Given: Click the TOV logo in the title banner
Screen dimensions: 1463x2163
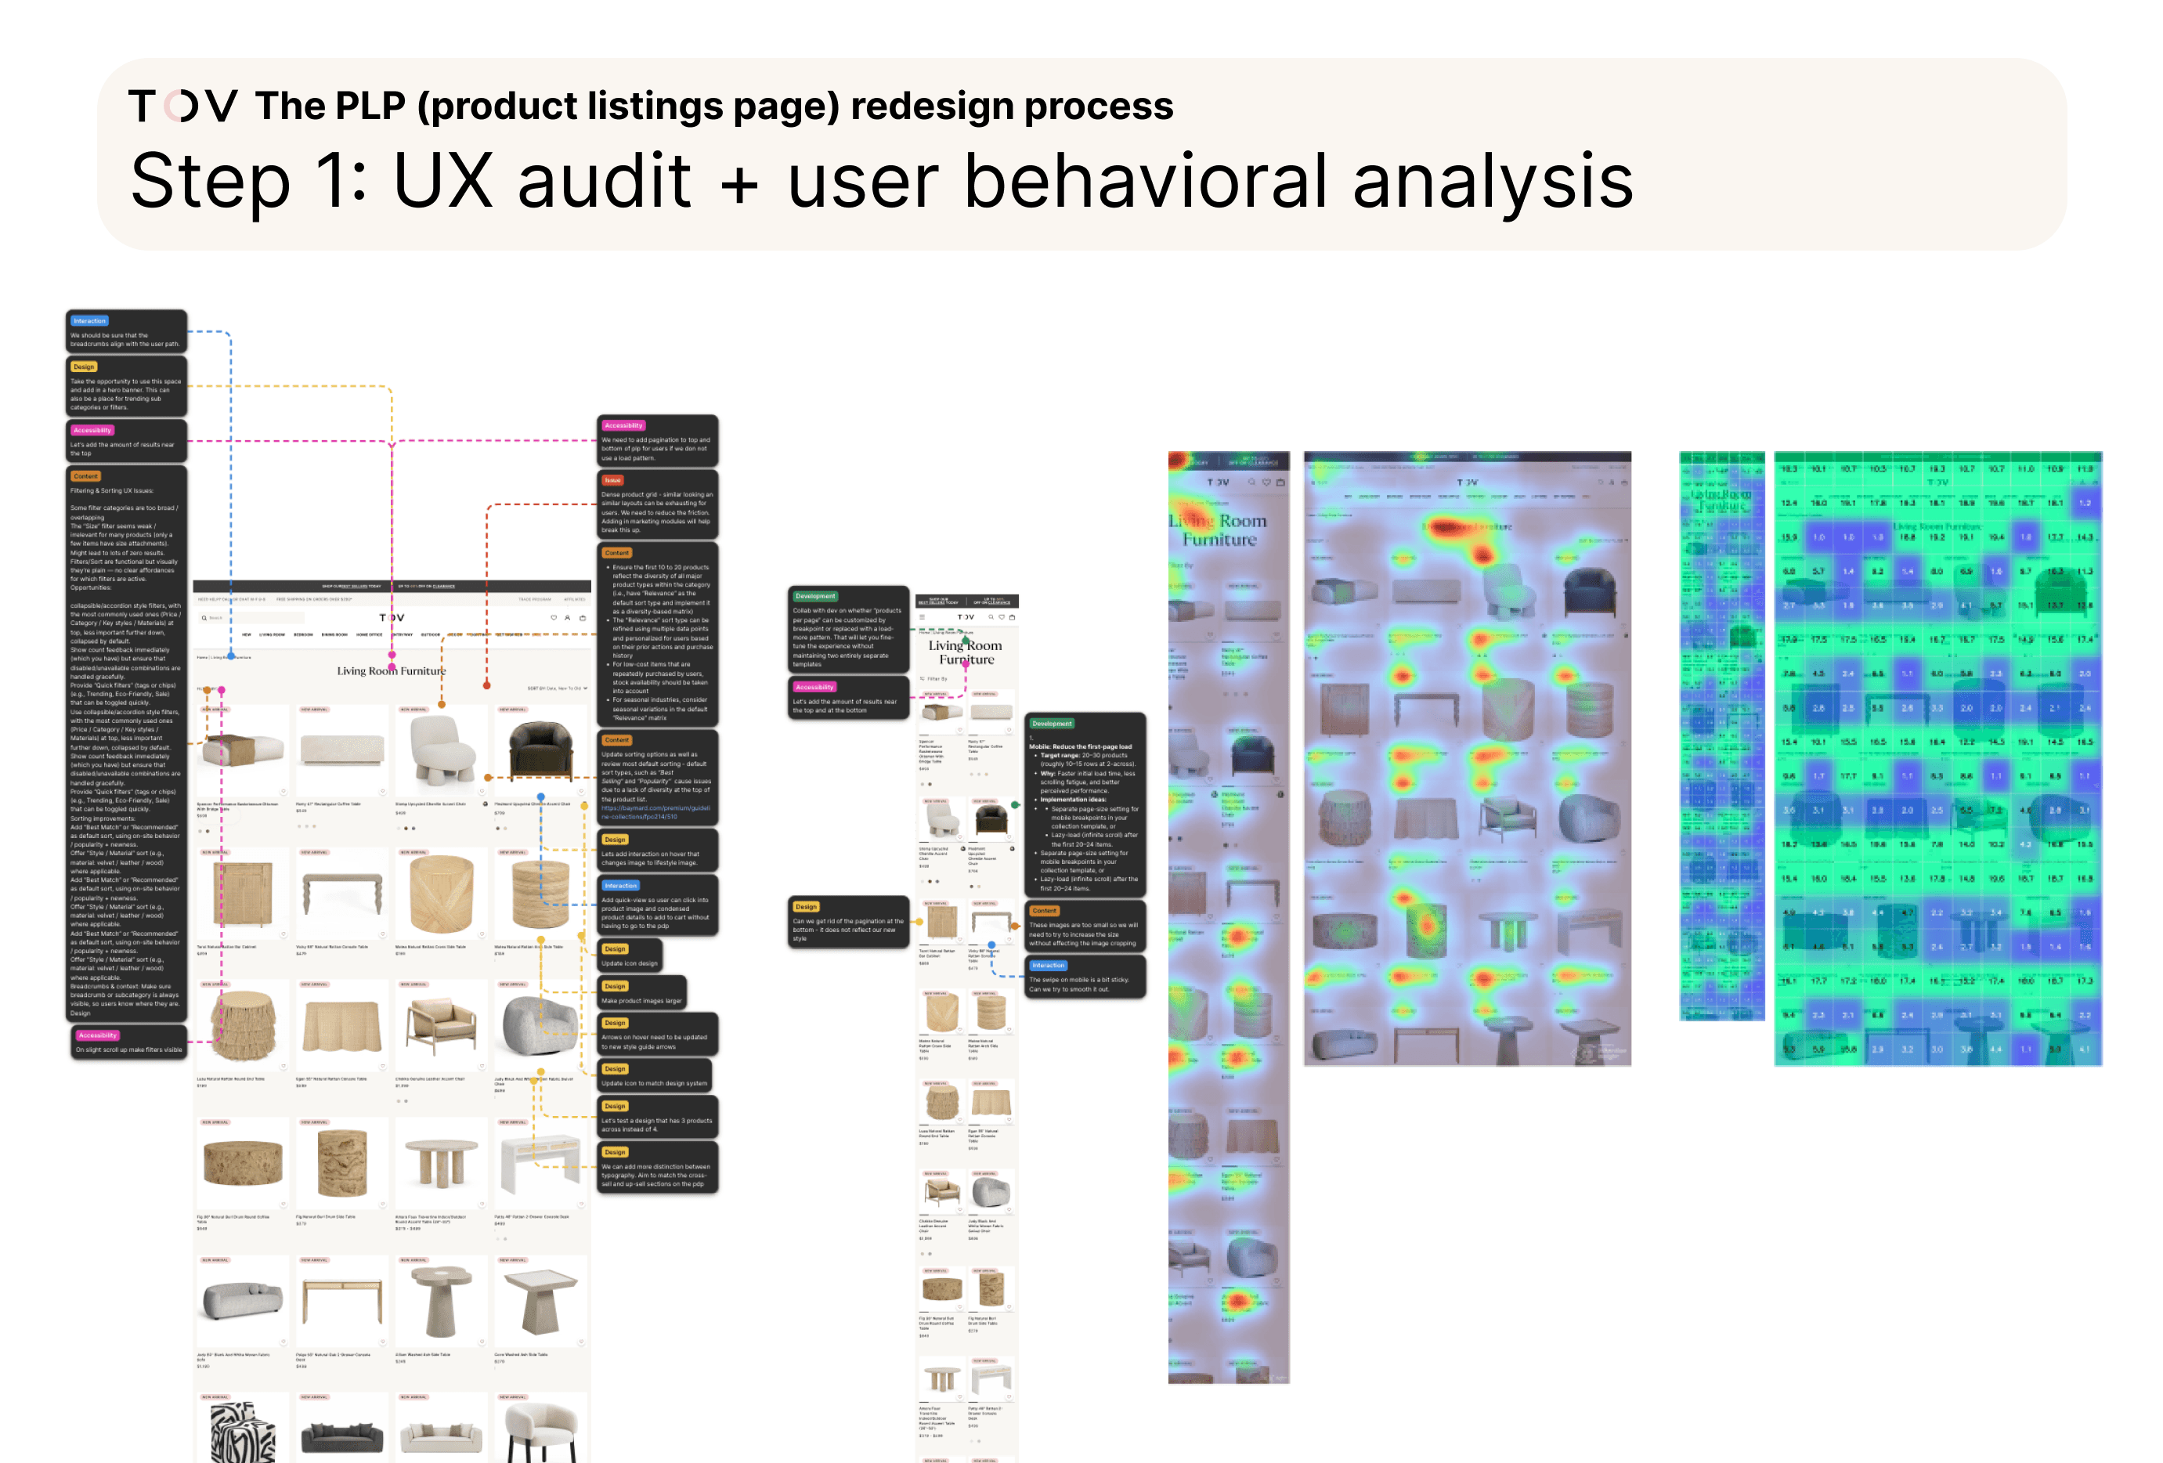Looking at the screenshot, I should [182, 106].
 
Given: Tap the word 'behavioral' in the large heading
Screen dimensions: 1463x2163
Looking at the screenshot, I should [1145, 181].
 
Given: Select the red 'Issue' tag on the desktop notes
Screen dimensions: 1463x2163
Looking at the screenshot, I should [612, 480].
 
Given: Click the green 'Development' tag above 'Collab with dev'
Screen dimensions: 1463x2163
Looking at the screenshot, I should [815, 597].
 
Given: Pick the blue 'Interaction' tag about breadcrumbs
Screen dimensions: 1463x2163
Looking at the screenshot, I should [89, 321].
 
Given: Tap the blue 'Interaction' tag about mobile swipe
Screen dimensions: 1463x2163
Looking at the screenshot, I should [1048, 966].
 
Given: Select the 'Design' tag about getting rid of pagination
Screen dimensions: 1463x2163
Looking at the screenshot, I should [806, 906].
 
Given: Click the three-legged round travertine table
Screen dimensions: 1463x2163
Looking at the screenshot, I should [440, 1163].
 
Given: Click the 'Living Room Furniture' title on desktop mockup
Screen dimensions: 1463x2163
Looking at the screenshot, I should [391, 671].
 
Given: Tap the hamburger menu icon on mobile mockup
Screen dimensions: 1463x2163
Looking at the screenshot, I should [923, 617].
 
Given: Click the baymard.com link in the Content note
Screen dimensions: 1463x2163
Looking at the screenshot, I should [655, 812].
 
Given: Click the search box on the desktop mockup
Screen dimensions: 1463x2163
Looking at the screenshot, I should [251, 618].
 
